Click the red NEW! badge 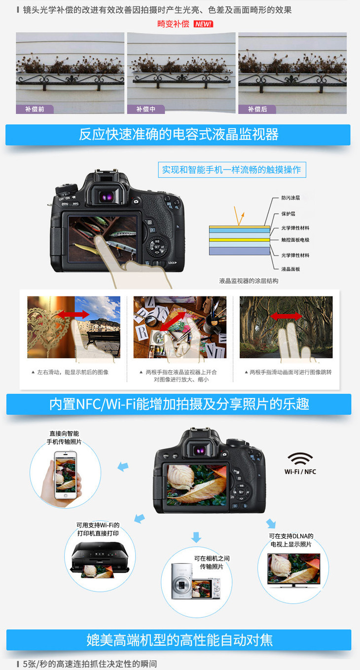click(203, 24)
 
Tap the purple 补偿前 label click(35, 109)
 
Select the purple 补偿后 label click(257, 109)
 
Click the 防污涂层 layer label click(290, 198)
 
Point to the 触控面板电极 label click(295, 240)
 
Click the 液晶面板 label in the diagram click(290, 269)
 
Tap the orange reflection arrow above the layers click(239, 216)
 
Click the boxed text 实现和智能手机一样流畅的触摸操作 click(232, 170)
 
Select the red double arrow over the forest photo click(286, 316)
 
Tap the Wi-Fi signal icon click(300, 458)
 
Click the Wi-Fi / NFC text click(300, 472)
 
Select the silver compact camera click(181, 582)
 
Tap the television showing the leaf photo click(293, 570)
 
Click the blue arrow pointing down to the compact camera click(196, 537)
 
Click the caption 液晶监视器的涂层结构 click(249, 281)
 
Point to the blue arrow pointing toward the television click(271, 523)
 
